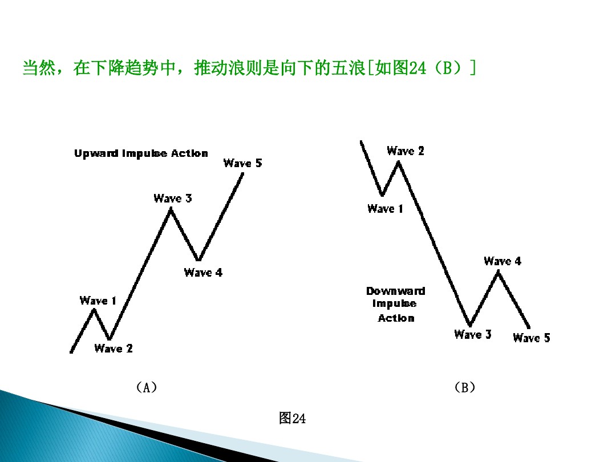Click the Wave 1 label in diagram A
point(98,301)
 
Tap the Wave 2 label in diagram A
point(114,348)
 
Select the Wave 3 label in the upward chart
point(173,198)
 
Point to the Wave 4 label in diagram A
point(203,273)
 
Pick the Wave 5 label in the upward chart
point(243,163)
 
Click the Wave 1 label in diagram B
point(386,209)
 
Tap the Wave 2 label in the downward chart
point(406,151)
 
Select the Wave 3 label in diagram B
point(473,334)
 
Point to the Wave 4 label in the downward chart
point(502,261)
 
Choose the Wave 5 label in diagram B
point(532,338)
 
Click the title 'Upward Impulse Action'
point(141,153)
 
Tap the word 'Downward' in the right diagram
point(396,291)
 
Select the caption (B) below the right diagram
point(464,388)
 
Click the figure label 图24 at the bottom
point(292,419)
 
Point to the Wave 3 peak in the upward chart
point(170,210)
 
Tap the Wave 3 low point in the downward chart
point(471,325)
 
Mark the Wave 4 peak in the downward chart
point(498,272)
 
